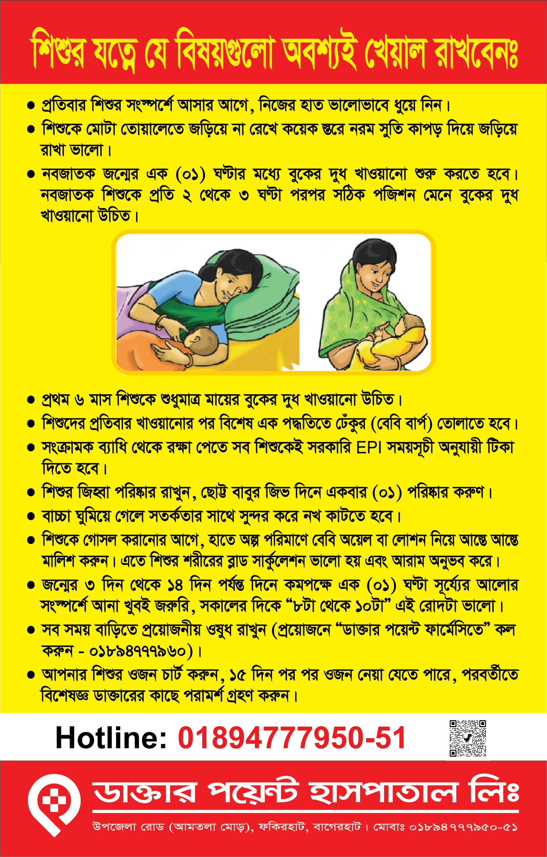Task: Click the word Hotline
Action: (111, 738)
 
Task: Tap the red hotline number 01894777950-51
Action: (292, 738)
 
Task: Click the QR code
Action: (468, 738)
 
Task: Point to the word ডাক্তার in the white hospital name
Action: (145, 793)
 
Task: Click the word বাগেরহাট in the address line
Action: (337, 827)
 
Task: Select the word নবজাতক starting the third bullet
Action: (68, 174)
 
